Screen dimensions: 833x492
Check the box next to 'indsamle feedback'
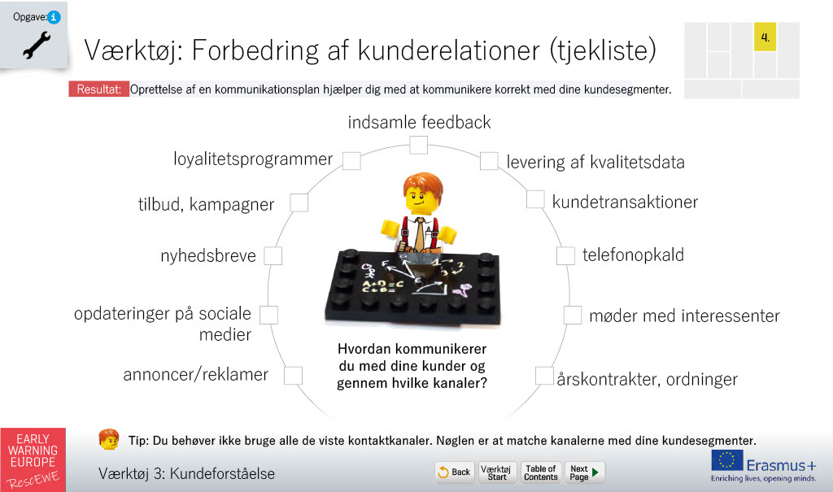[x=419, y=145]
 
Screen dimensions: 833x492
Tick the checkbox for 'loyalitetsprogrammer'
[x=351, y=160]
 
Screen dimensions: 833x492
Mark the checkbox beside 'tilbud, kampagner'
[x=299, y=203]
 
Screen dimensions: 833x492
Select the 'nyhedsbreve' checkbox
[x=273, y=255]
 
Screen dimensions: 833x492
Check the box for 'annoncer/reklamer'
[x=293, y=376]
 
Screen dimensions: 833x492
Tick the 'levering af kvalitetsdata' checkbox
[x=489, y=160]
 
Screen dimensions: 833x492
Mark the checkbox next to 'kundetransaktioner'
[x=535, y=200]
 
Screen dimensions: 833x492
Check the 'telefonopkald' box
[x=566, y=255]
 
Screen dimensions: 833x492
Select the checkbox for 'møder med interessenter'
[x=573, y=315]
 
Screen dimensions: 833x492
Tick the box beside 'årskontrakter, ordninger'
[x=544, y=376]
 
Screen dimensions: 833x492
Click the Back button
[x=455, y=472]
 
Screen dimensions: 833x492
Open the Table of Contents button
[x=541, y=472]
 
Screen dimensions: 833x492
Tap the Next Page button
[x=584, y=472]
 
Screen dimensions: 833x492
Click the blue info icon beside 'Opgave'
[x=54, y=17]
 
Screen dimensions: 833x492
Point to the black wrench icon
[x=37, y=45]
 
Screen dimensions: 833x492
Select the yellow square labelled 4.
[x=765, y=37]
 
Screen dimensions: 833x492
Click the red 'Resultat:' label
[x=98, y=89]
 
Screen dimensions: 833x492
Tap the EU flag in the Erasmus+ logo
[x=727, y=460]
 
